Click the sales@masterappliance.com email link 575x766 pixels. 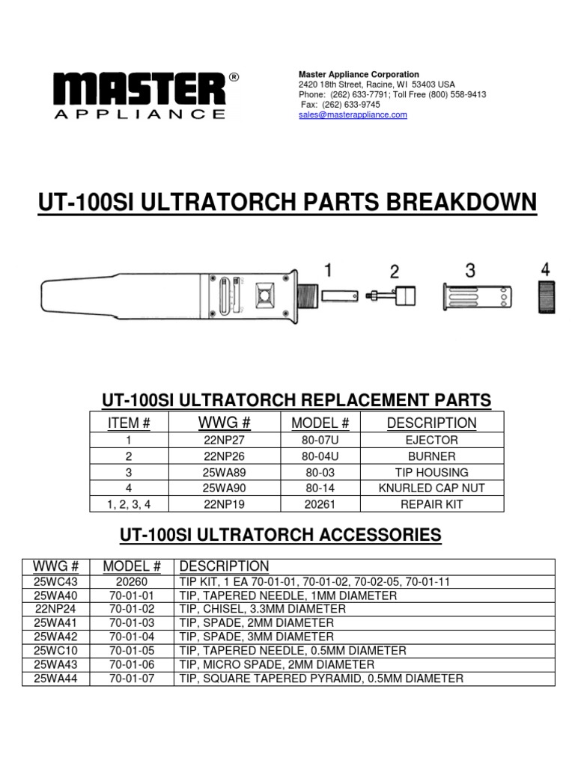tap(353, 115)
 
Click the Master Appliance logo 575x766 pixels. tap(139, 96)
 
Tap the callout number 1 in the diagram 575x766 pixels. tap(328, 269)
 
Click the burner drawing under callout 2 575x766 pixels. tap(393, 296)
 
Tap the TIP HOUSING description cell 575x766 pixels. tap(431, 472)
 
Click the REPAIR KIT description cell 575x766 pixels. tap(431, 504)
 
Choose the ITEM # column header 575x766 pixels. tap(130, 423)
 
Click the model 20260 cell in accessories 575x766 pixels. tap(132, 581)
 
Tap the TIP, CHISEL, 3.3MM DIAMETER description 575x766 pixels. tap(262, 609)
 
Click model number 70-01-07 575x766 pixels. tap(132, 678)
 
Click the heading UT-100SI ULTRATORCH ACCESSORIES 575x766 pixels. tap(281, 536)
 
